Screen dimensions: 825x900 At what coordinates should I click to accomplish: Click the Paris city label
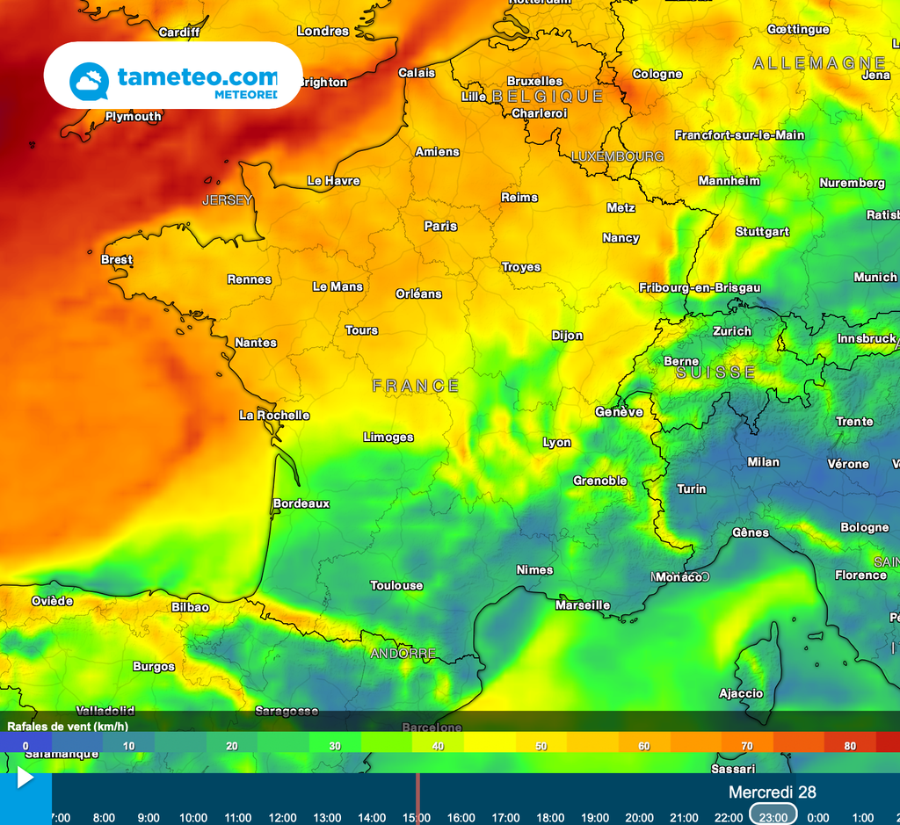[440, 226]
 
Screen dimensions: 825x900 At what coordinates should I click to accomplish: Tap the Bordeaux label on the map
[301, 503]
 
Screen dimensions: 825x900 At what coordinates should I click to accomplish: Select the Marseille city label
[583, 605]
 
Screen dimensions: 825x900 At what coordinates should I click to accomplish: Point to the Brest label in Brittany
[117, 259]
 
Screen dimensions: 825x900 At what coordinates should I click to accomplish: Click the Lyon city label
[556, 443]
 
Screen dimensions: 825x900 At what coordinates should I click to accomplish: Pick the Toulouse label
[396, 585]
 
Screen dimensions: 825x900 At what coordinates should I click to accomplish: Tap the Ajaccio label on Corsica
[741, 693]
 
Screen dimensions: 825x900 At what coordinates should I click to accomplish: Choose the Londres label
[323, 31]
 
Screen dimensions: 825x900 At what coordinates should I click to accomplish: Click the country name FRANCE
[416, 386]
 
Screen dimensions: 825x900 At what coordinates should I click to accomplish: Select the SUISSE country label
[715, 373]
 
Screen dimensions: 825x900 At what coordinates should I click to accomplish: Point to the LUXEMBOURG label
[618, 156]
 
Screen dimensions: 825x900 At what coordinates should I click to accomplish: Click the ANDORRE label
[403, 654]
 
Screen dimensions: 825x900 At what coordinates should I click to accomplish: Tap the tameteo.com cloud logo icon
[89, 81]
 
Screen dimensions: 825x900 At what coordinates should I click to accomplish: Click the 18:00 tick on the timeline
[549, 817]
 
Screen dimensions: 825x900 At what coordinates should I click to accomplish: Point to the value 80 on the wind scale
[850, 746]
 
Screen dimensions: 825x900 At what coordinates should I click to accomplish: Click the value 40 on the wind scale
[438, 746]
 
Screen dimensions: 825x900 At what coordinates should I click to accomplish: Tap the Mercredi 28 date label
[772, 792]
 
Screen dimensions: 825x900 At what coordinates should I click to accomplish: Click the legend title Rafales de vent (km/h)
[68, 726]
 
